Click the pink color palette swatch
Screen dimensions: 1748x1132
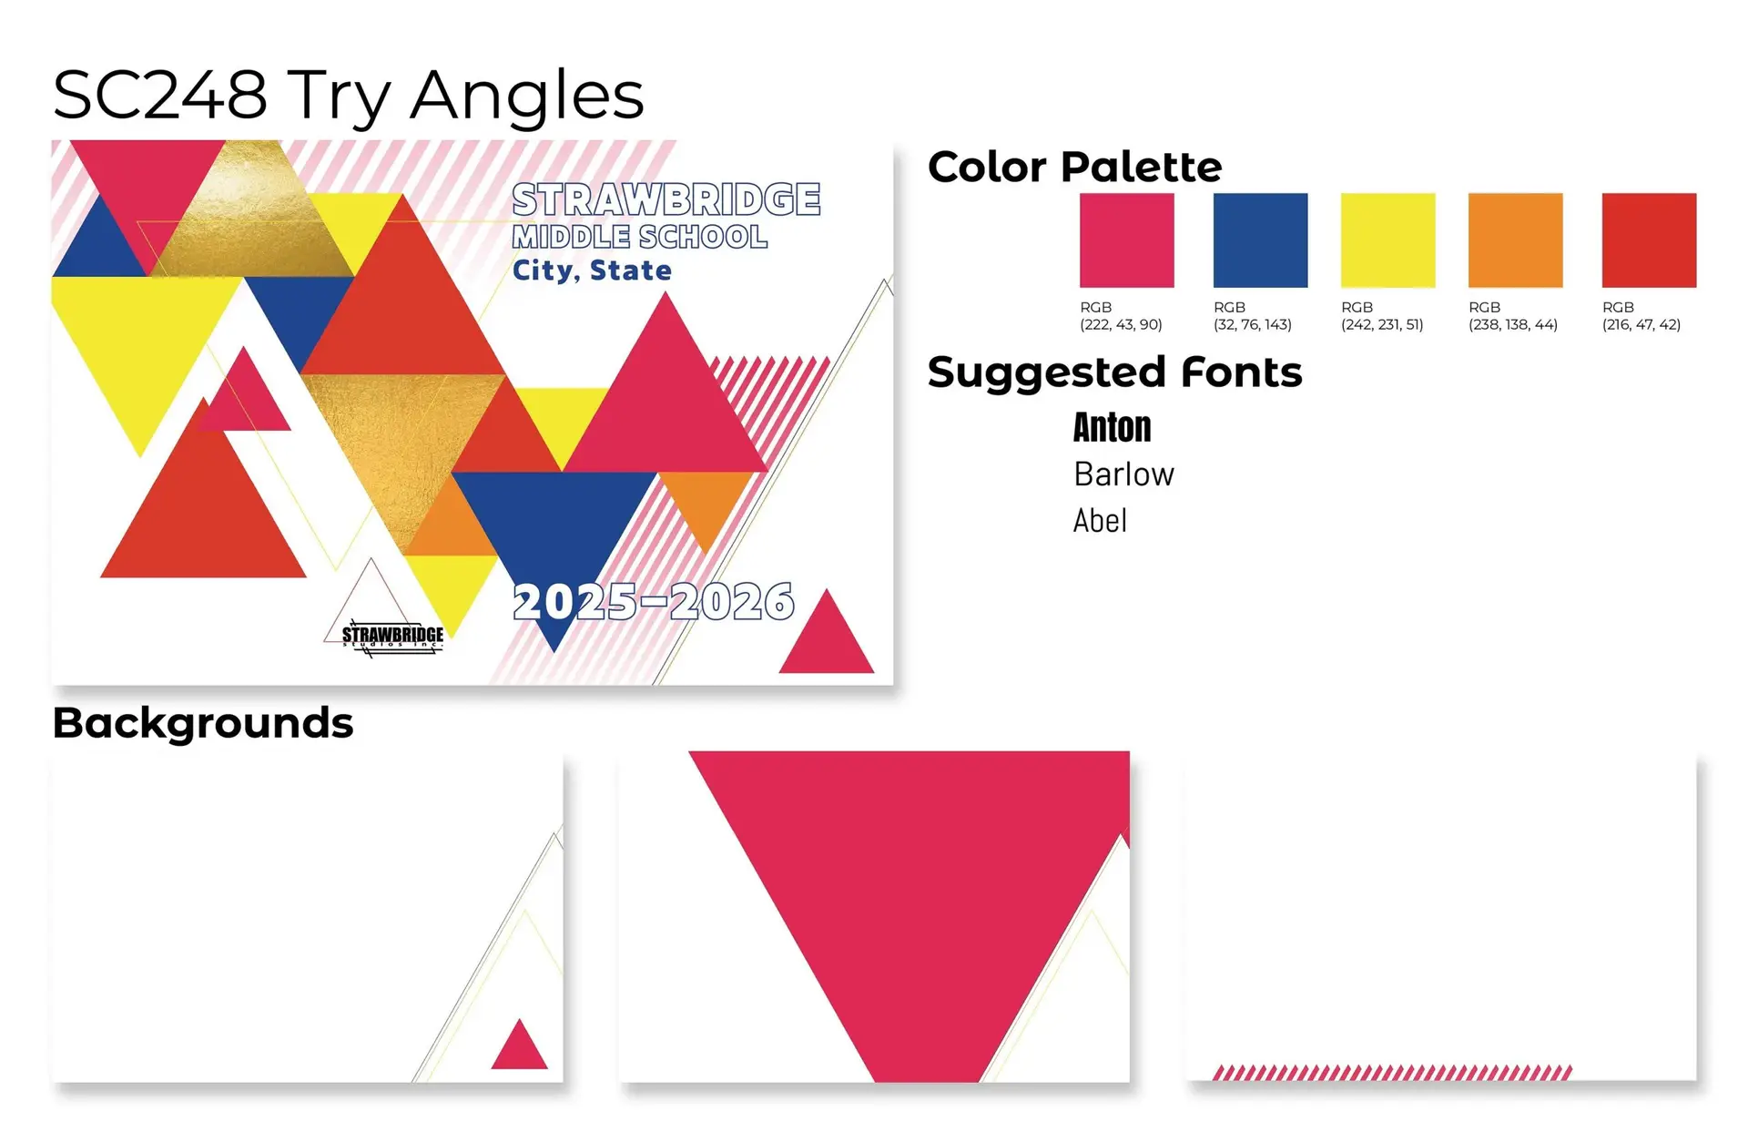tap(1126, 240)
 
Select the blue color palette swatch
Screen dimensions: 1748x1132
tap(1260, 240)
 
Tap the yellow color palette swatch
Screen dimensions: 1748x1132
tap(1387, 240)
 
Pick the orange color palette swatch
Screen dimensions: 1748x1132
tap(1515, 240)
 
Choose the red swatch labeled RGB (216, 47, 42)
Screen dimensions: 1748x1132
tap(1649, 240)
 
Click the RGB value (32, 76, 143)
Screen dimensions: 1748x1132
tap(1253, 324)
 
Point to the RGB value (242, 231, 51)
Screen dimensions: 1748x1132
tap(1382, 324)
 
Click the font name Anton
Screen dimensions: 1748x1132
tap(1112, 427)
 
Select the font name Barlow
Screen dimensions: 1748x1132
tap(1124, 474)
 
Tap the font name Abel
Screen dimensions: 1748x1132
tap(1100, 521)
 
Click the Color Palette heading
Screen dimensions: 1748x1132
tap(1074, 168)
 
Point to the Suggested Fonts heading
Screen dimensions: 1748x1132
tap(1115, 372)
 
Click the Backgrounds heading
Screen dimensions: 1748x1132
tap(203, 724)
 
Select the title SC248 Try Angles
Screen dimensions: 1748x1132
tap(349, 96)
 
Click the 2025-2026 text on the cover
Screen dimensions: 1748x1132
tap(654, 602)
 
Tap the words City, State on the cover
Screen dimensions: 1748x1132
tap(592, 270)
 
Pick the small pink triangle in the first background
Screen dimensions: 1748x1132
tap(519, 1045)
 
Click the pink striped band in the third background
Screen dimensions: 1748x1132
tap(1393, 1073)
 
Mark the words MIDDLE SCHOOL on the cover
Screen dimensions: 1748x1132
tap(639, 237)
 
